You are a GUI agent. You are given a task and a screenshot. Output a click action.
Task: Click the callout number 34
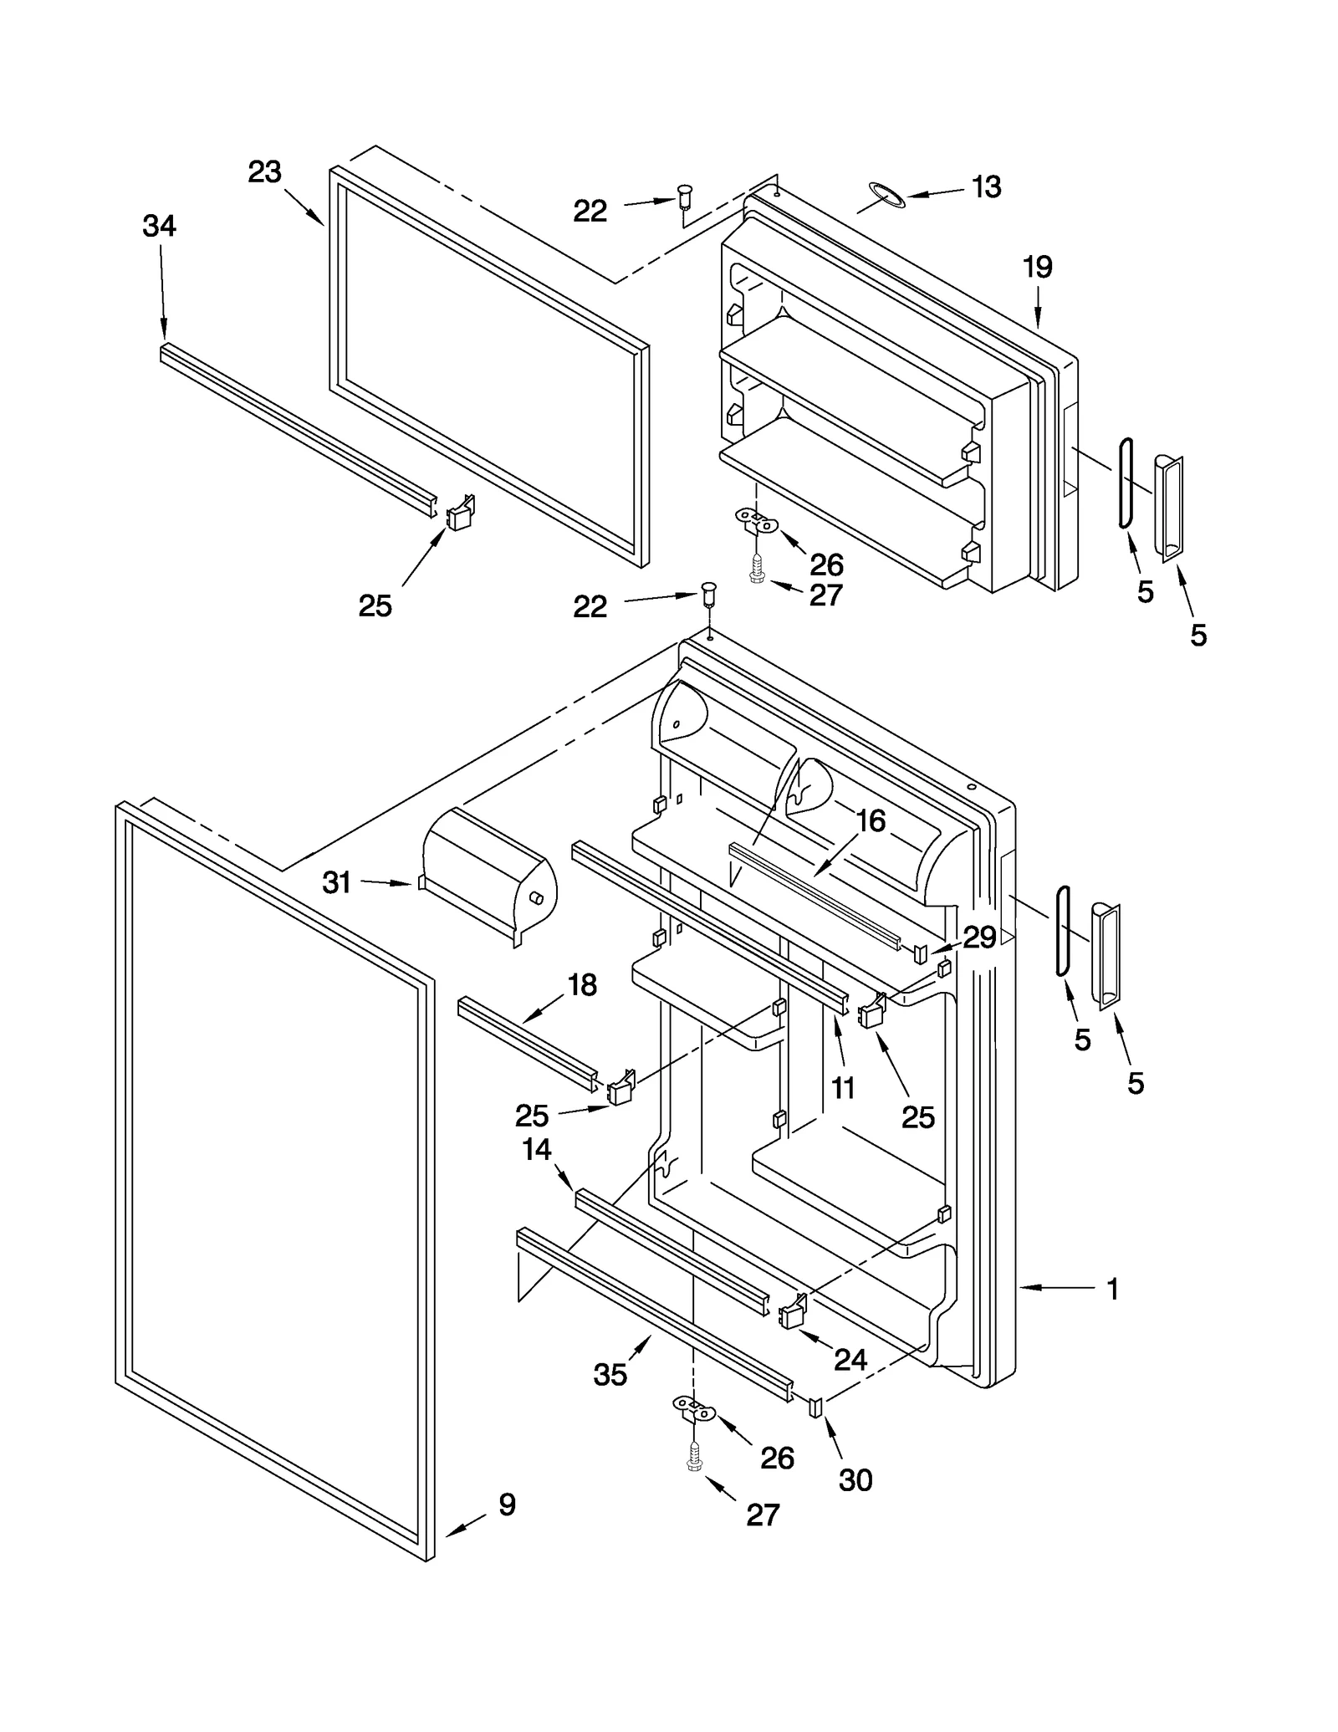click(159, 226)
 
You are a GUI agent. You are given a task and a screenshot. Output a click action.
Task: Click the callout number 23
click(264, 172)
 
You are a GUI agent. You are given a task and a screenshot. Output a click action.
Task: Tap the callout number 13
click(987, 187)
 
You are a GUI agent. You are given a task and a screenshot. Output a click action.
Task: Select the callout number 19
click(1038, 268)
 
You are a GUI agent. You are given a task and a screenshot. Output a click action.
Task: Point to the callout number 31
click(337, 882)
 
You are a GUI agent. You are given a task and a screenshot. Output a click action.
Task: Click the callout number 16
click(871, 821)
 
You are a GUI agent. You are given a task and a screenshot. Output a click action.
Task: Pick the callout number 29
click(979, 938)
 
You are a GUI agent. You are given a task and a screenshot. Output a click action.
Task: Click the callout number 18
click(582, 985)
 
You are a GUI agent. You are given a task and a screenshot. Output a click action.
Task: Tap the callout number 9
click(507, 1505)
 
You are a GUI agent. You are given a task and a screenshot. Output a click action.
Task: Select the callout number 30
click(855, 1481)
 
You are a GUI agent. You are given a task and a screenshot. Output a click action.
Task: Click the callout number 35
click(610, 1374)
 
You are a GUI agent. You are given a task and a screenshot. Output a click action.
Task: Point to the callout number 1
click(1112, 1289)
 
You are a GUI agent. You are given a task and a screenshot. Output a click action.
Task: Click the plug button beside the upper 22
click(685, 195)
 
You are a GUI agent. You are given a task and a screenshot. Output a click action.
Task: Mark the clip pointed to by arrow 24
click(792, 1313)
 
